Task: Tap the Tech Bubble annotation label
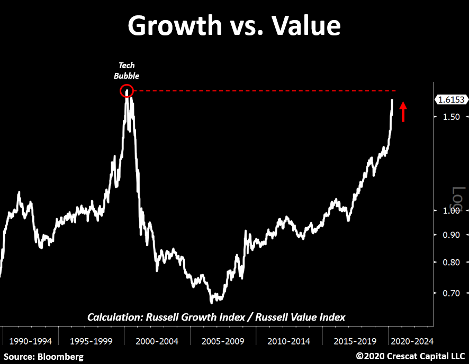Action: [127, 71]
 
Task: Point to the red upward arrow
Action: [403, 111]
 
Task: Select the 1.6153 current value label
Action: [450, 99]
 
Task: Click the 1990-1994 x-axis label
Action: [30, 341]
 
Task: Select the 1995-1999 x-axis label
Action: [90, 341]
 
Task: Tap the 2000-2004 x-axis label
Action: [157, 341]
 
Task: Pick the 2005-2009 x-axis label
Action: [223, 341]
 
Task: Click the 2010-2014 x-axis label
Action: [289, 341]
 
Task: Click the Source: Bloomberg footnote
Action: [44, 357]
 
